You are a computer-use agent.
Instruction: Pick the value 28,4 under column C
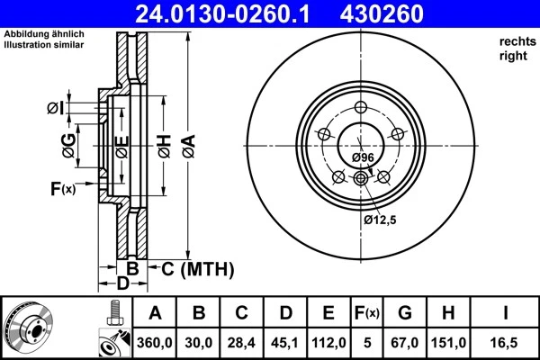coord(242,342)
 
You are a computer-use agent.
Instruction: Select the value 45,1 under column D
coord(285,342)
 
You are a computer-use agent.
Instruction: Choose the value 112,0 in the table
coord(328,342)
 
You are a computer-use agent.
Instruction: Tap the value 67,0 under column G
coord(405,342)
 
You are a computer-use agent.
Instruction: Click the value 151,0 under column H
coord(449,342)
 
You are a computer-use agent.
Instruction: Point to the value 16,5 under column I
coord(506,342)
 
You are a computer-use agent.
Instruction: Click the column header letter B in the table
coord(199,313)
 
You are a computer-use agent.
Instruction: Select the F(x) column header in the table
coord(367,313)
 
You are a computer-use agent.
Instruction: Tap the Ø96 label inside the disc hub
coord(363,157)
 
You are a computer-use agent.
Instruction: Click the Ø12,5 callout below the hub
coord(381,219)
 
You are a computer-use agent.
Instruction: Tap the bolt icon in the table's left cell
coord(113,311)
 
